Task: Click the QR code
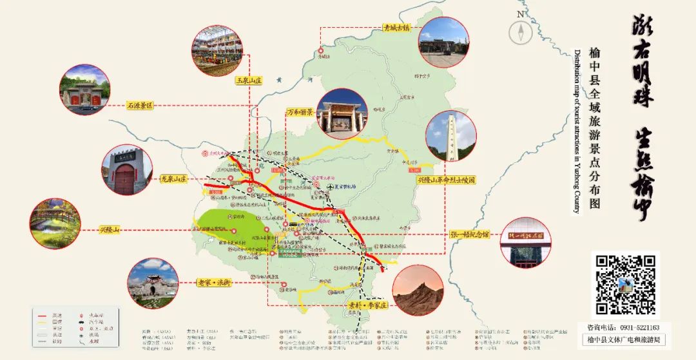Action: click(x=624, y=284)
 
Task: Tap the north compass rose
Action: click(x=520, y=32)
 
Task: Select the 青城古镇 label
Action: click(x=396, y=28)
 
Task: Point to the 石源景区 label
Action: click(x=139, y=105)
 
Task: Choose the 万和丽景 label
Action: click(x=300, y=112)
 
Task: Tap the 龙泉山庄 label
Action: click(x=173, y=180)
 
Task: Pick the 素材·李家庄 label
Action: click(x=366, y=304)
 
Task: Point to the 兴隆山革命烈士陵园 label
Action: click(x=446, y=181)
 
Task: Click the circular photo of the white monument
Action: click(x=451, y=136)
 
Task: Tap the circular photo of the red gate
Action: click(x=127, y=169)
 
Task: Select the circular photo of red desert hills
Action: click(x=418, y=290)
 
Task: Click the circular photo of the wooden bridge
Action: click(x=55, y=223)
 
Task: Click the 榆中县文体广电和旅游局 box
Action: click(x=623, y=339)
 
